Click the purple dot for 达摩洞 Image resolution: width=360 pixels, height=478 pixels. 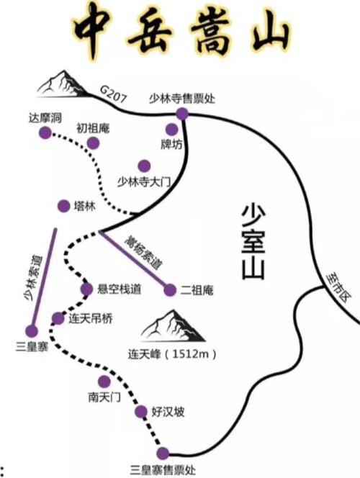pyautogui.click(x=45, y=132)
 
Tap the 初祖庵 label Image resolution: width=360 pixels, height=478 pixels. pyautogui.click(x=93, y=128)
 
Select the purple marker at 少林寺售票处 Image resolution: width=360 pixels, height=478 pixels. pyautogui.click(x=182, y=114)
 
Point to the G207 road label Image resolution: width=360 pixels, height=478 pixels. pyautogui.click(x=113, y=94)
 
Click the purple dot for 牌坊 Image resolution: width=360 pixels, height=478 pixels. pyautogui.click(x=171, y=130)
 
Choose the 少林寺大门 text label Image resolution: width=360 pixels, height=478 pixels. pyautogui.click(x=143, y=182)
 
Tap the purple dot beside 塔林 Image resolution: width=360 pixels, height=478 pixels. pyautogui.click(x=63, y=207)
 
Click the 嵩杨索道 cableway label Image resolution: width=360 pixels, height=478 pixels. pyautogui.click(x=143, y=253)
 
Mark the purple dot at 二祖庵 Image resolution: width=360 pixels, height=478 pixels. pyautogui.click(x=170, y=290)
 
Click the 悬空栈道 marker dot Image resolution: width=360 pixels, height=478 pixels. pyautogui.click(x=86, y=289)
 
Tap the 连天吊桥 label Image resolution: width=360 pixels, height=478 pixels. pyautogui.click(x=91, y=319)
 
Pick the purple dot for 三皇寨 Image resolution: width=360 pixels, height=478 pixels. pyautogui.click(x=32, y=331)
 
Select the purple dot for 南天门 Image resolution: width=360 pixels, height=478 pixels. pyautogui.click(x=104, y=382)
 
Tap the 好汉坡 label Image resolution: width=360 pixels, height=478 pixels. pyautogui.click(x=168, y=412)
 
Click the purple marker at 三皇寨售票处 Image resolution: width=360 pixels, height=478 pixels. pyautogui.click(x=163, y=454)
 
